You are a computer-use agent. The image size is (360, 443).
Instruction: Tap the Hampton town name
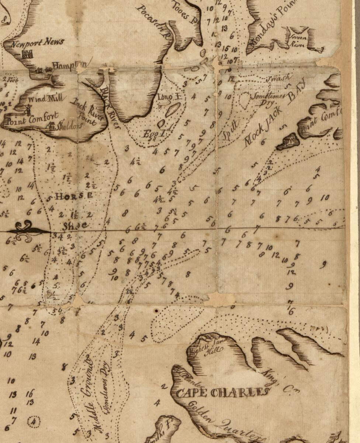70,66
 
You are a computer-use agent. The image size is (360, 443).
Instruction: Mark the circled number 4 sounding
34,421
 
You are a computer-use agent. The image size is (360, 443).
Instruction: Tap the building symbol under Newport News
27,55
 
